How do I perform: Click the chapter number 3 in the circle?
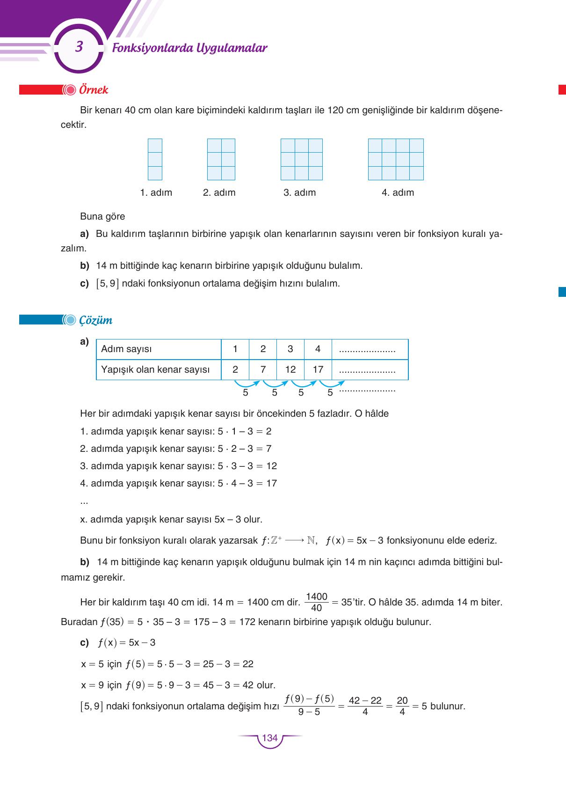[79, 47]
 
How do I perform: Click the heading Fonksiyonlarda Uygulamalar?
[189, 48]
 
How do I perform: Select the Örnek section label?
[94, 90]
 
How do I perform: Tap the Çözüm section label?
[95, 320]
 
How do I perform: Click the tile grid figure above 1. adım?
[155, 159]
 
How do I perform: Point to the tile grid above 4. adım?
[396, 159]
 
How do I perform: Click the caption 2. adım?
[219, 192]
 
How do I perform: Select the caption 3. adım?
[299, 192]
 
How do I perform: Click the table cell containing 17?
[318, 369]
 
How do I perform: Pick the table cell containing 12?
[290, 369]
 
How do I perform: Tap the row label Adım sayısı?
[126, 349]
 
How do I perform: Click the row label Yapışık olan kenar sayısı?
[155, 369]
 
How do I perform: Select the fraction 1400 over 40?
[316, 602]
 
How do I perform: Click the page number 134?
[270, 738]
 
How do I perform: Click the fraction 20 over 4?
[402, 706]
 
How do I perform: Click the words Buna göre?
[102, 216]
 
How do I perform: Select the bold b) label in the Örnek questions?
[85, 265]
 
